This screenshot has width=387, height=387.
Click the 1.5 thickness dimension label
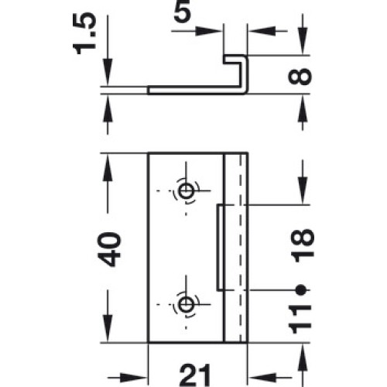[84, 34]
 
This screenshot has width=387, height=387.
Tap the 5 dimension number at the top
[183, 12]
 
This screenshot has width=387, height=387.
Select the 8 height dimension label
[300, 77]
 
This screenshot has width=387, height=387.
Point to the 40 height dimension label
[109, 249]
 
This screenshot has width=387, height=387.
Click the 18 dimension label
[303, 245]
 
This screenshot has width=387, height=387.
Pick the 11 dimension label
[300, 320]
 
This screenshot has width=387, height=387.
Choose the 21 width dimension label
[195, 375]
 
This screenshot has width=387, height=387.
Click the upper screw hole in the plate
[186, 191]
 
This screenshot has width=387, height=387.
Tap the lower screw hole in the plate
[186, 304]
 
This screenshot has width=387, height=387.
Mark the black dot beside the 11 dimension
[300, 290]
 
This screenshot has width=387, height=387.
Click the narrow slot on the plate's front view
[220, 248]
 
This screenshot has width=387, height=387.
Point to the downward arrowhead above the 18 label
[303, 190]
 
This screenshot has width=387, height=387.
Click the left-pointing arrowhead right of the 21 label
[262, 378]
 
